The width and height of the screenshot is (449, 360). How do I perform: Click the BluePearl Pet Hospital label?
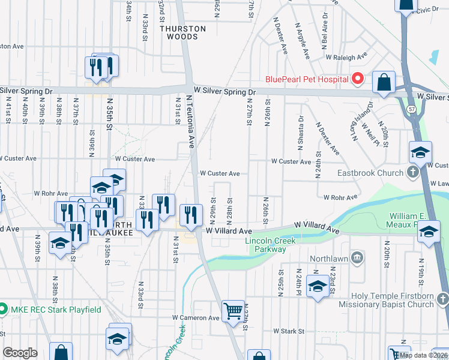[307, 79]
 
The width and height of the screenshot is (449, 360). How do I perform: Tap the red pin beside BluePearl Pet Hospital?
[358, 79]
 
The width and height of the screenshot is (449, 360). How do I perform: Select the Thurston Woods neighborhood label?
[183, 32]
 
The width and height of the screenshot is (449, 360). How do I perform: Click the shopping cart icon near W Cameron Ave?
[233, 311]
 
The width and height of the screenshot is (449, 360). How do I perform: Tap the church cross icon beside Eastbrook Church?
[412, 173]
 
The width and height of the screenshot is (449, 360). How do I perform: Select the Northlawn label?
[329, 259]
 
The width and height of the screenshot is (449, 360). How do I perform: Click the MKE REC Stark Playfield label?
[55, 310]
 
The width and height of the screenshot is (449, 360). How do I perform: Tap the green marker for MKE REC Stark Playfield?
[3, 310]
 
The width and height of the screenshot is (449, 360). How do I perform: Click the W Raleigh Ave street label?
[346, 57]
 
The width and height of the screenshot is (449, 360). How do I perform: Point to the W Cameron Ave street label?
[196, 317]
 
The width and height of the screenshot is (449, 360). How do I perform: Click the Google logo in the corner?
[20, 353]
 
